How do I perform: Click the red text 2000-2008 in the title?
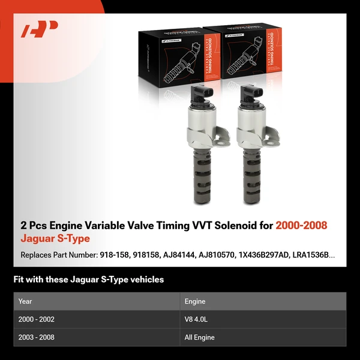tap(302, 226)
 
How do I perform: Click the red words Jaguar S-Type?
tap(55, 239)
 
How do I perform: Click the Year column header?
tap(25, 301)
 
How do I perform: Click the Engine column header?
tap(196, 301)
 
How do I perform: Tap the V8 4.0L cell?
tap(196, 319)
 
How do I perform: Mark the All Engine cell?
tap(199, 337)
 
